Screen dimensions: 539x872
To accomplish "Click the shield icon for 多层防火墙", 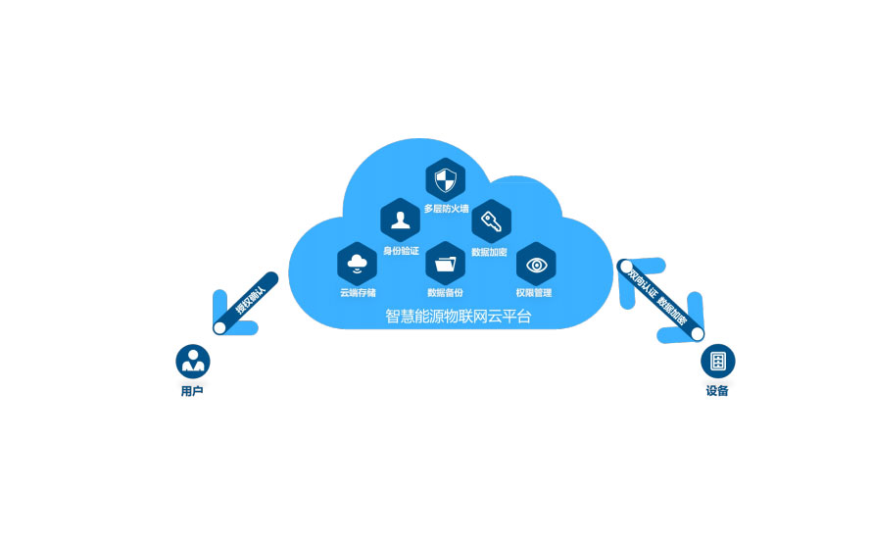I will click(446, 180).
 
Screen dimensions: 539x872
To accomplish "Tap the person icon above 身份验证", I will click(400, 220).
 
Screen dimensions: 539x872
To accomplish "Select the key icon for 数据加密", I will click(491, 221).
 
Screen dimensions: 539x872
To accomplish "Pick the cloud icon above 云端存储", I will click(357, 263).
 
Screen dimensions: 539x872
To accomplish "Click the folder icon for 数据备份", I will click(446, 263).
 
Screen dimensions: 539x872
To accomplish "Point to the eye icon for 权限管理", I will click(536, 264).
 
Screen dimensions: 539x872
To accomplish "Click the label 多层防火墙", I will click(446, 209).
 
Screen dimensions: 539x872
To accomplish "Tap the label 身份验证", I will click(401, 251).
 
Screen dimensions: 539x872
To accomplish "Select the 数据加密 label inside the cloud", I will click(490, 252).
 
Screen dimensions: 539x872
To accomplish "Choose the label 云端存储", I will click(358, 293).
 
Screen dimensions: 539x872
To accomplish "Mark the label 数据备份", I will click(446, 293).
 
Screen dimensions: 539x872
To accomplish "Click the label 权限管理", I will click(534, 293).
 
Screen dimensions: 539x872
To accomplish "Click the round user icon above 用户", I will click(193, 361).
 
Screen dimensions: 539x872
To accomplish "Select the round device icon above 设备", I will click(718, 361).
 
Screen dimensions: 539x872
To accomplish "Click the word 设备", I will click(717, 392).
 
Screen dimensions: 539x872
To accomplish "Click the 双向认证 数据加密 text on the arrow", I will click(658, 297).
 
